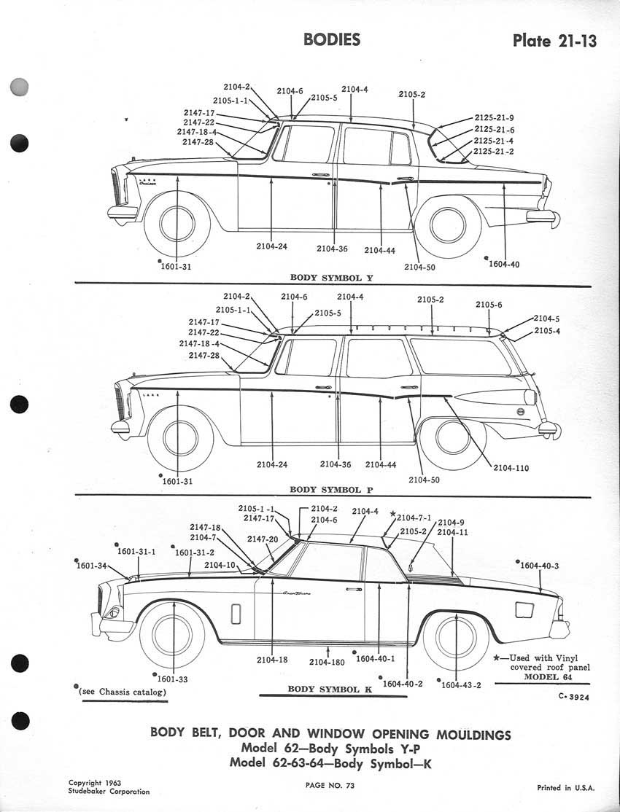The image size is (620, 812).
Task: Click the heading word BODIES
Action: tap(332, 39)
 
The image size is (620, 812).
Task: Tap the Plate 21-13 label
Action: tap(554, 40)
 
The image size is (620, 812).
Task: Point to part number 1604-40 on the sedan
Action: tap(503, 264)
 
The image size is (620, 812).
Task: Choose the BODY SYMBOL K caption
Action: tap(324, 689)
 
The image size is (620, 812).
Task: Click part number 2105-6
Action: tap(489, 305)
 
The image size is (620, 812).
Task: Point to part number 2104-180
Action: tap(326, 662)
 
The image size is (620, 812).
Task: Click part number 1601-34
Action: tap(92, 566)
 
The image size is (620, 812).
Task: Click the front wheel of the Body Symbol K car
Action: tap(173, 633)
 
